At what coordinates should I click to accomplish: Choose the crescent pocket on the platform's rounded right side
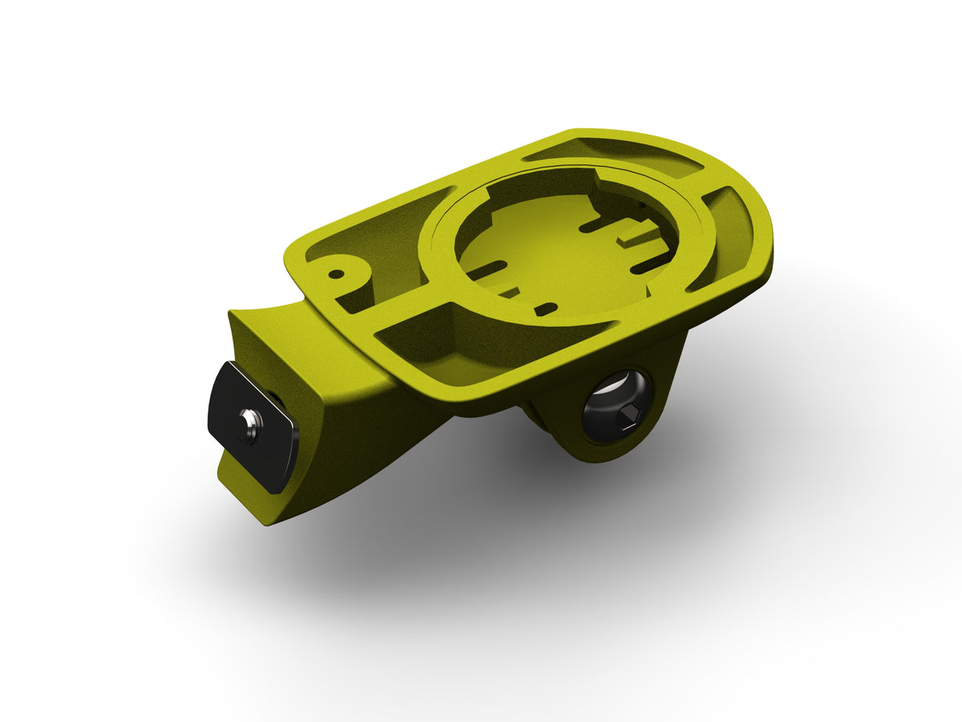point(734,233)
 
